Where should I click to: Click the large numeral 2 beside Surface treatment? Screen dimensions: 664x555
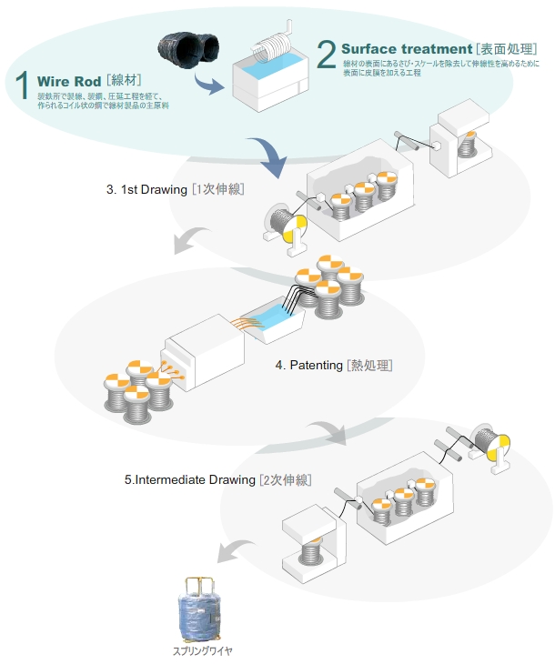(327, 55)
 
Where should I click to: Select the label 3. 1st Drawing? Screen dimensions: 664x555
(146, 190)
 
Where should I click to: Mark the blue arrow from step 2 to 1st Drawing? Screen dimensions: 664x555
(273, 155)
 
